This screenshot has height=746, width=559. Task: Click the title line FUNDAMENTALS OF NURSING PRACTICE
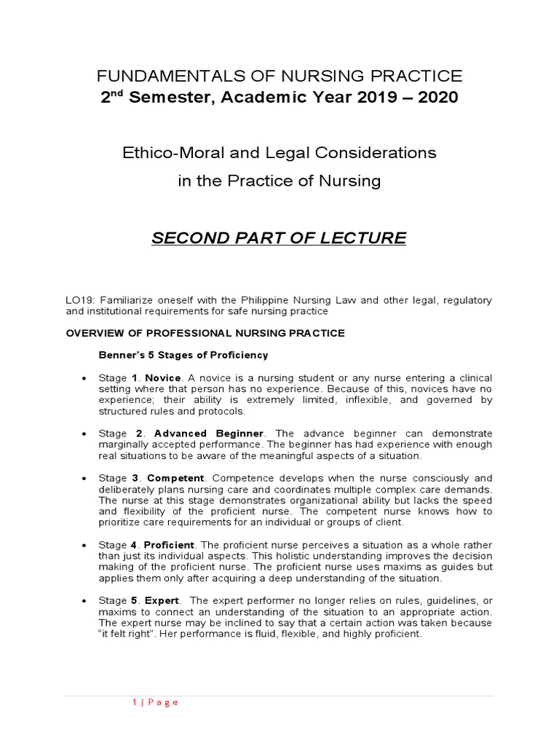pyautogui.click(x=279, y=76)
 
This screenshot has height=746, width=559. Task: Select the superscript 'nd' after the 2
pyautogui.click(x=115, y=93)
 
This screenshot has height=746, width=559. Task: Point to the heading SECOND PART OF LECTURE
pyautogui.click(x=279, y=238)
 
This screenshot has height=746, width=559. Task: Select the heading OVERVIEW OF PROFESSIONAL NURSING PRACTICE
pyautogui.click(x=205, y=333)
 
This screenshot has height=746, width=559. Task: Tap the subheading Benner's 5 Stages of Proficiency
pyautogui.click(x=183, y=355)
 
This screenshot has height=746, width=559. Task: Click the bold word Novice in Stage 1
pyautogui.click(x=162, y=378)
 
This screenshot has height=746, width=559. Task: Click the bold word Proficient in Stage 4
pyautogui.click(x=169, y=545)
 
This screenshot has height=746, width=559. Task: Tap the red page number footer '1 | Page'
pyautogui.click(x=155, y=702)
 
